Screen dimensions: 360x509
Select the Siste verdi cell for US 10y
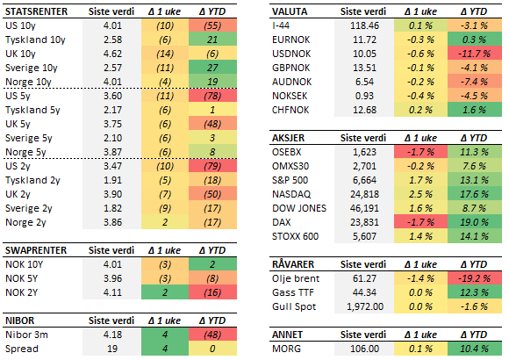[110, 25]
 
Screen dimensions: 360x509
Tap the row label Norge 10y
[28, 82]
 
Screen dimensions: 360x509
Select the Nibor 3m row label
[27, 334]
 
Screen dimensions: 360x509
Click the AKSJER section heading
[291, 138]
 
